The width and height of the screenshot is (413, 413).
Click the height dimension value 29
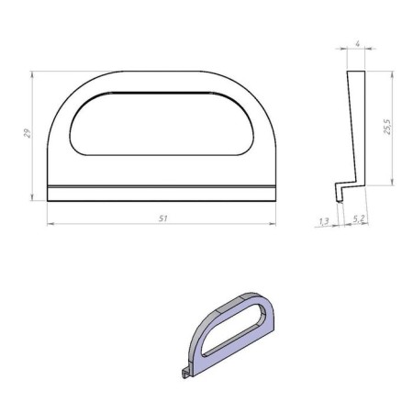pyautogui.click(x=28, y=133)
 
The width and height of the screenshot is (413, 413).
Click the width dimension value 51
pyautogui.click(x=162, y=218)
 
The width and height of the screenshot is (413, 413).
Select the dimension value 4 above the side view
pyautogui.click(x=356, y=43)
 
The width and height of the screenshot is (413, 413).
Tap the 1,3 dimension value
pyautogui.click(x=323, y=220)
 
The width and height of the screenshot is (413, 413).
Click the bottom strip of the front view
pyautogui.click(x=162, y=192)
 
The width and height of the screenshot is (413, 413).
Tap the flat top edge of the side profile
pyautogui.click(x=356, y=72)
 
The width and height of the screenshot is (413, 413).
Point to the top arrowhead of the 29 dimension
pyautogui.click(x=34, y=73)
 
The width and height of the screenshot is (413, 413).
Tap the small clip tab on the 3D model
pyautogui.click(x=184, y=373)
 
